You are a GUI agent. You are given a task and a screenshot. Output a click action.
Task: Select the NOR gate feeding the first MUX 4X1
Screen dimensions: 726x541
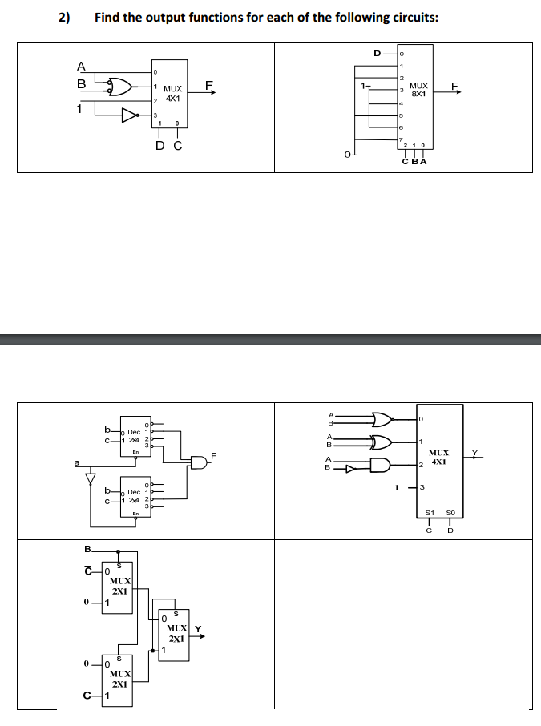coord(120,85)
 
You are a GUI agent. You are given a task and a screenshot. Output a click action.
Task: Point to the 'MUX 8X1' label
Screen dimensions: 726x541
coord(418,88)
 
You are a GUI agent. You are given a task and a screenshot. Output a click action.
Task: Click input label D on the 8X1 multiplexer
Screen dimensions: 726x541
coord(377,54)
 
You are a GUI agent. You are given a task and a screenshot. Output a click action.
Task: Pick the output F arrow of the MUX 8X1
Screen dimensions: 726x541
coord(456,90)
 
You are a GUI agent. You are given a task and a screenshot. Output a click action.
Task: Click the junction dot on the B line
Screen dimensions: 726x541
coord(119,551)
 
